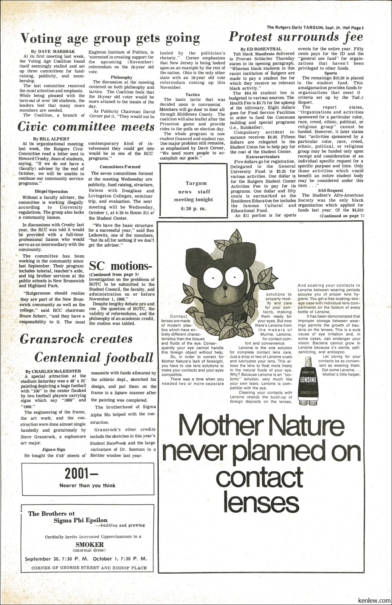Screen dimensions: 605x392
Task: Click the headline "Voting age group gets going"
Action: (x=110, y=38)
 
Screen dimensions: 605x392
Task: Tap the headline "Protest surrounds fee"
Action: (x=296, y=37)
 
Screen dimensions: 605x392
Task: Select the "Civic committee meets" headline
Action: (x=86, y=127)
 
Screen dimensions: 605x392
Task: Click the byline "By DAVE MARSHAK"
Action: (x=53, y=51)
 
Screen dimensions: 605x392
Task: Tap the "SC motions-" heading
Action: (x=121, y=266)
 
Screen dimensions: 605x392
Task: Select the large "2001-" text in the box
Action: (x=82, y=473)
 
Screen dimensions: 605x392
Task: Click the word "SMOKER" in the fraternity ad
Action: (x=90, y=545)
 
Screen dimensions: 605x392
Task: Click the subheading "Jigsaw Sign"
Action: (x=53, y=449)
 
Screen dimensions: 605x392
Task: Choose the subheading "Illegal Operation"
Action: (x=51, y=191)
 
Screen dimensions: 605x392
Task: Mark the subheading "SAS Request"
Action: (x=330, y=190)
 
